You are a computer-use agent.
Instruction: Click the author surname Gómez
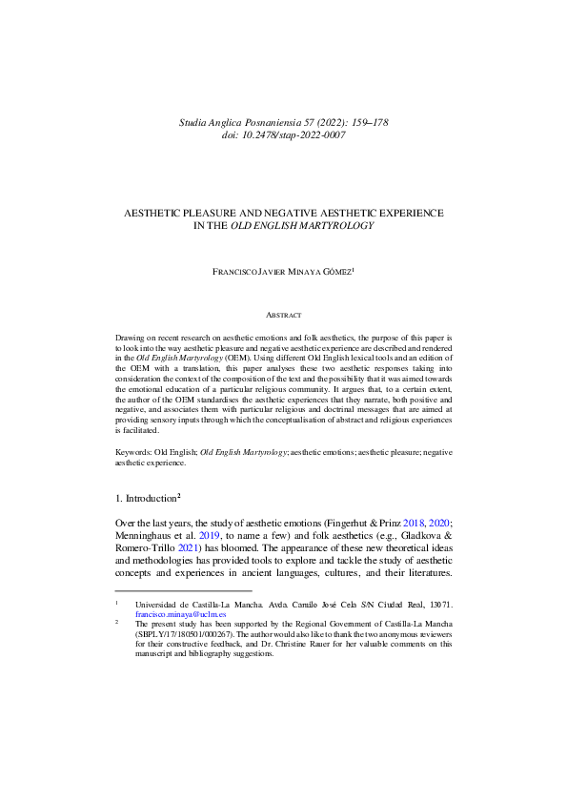(332, 272)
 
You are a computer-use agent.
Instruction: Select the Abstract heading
(283, 315)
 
